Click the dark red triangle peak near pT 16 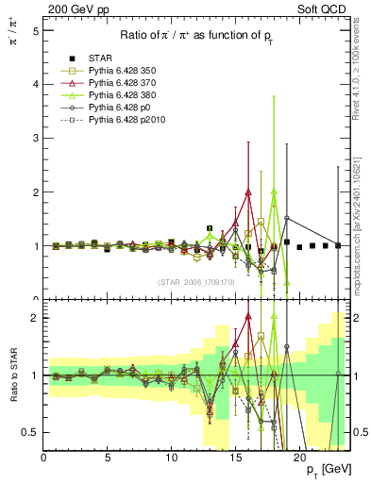pos(248,192)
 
